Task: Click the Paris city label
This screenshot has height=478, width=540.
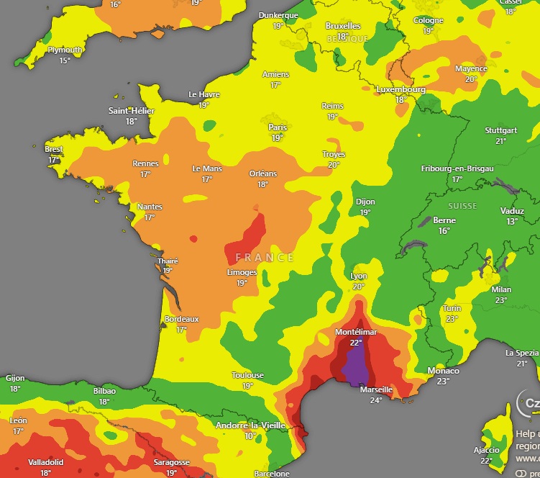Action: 278,127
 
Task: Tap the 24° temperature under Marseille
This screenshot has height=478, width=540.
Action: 376,400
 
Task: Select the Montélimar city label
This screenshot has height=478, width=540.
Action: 355,333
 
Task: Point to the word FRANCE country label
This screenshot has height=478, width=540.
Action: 264,257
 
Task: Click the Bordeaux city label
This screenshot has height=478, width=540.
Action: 181,319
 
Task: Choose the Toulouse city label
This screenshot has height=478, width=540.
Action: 247,375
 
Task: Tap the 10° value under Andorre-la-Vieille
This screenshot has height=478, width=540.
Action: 250,436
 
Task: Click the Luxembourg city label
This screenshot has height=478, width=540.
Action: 401,90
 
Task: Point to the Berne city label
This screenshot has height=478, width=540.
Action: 444,220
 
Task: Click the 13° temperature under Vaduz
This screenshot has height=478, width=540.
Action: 511,222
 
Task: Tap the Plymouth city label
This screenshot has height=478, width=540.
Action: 65,50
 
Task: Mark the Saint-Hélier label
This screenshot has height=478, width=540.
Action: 132,111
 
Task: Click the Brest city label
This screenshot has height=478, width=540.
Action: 53,149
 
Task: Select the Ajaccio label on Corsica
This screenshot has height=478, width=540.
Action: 486,450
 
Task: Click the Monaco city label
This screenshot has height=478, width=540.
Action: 443,371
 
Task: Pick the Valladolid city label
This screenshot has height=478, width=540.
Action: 46,462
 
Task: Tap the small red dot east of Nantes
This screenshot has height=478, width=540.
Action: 193,238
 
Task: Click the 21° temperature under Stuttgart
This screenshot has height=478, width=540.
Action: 500,141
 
